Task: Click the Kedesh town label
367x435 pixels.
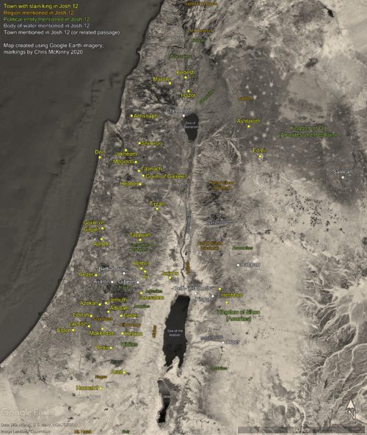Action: coord(186,73)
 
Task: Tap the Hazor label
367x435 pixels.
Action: coord(189,95)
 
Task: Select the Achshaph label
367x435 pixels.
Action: coord(145,115)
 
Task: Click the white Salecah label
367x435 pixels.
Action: coord(343,171)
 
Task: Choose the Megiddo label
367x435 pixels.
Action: coord(123,160)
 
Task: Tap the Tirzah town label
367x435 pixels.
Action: coord(158,204)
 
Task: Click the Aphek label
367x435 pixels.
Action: coord(101,243)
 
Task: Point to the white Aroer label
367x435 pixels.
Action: coord(233,342)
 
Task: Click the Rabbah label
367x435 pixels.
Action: coord(250,265)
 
